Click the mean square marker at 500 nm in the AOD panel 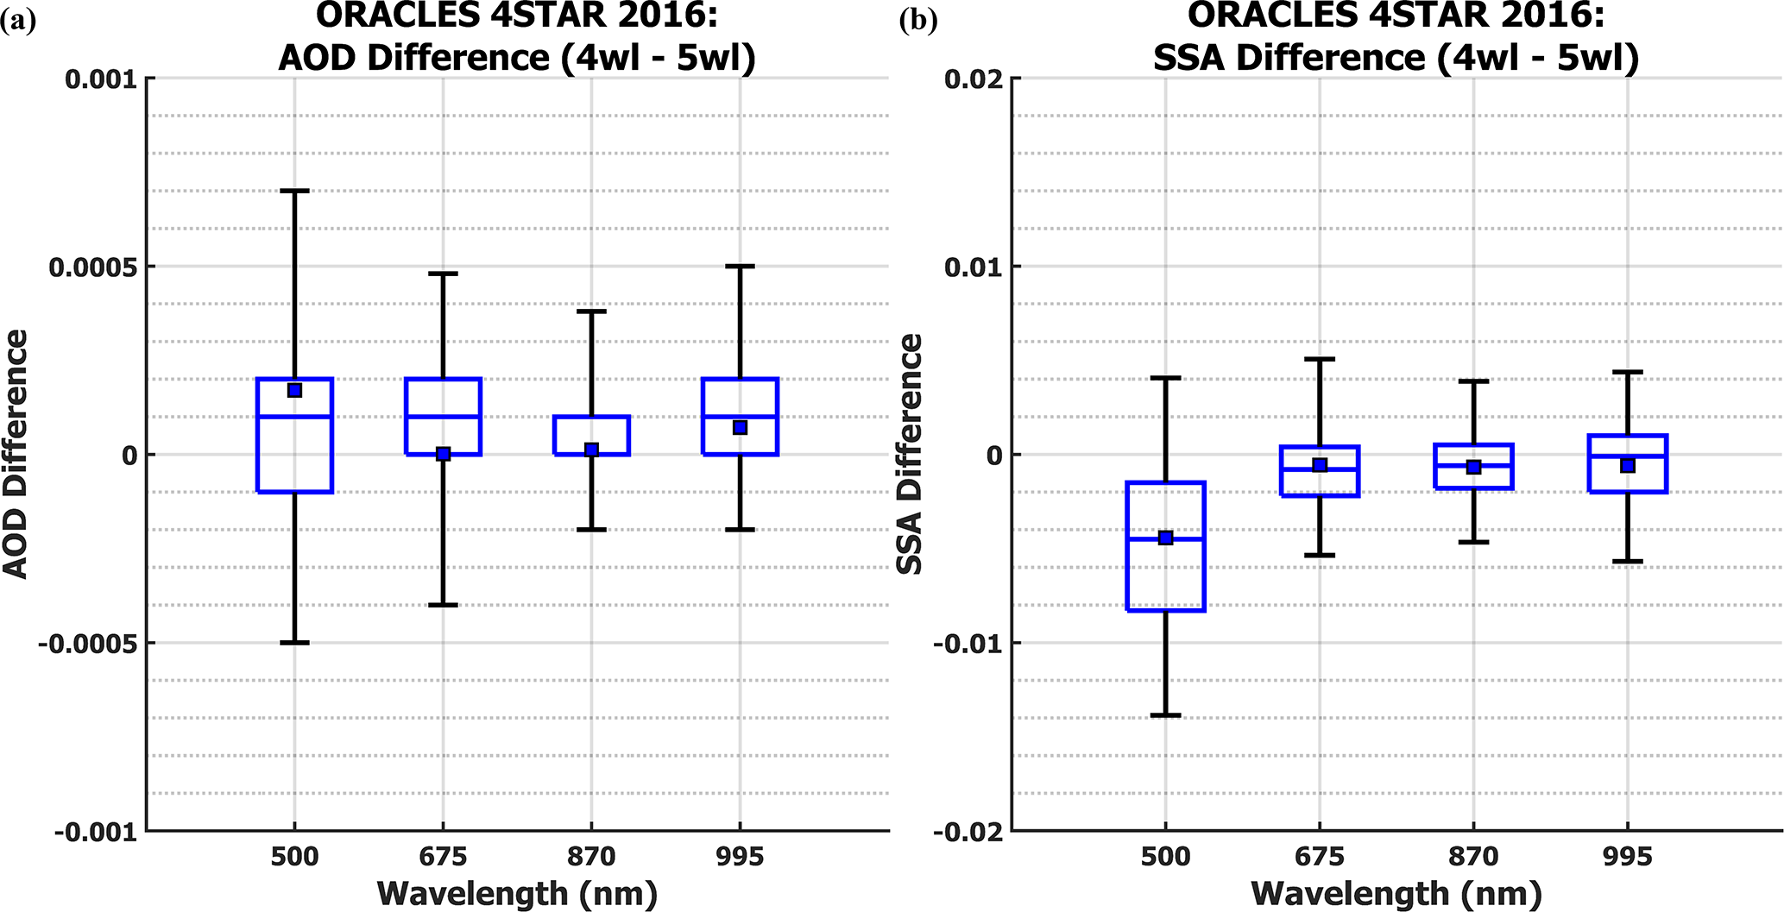[x=294, y=390]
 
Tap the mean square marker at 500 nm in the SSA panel [x=1165, y=538]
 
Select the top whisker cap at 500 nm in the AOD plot [x=294, y=191]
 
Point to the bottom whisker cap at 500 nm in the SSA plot [x=1165, y=715]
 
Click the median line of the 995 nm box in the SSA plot [x=1627, y=456]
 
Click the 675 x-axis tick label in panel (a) [x=443, y=857]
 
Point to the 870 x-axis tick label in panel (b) [x=1473, y=857]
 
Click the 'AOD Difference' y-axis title [x=16, y=454]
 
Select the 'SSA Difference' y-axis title [x=911, y=454]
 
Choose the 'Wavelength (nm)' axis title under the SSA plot [x=1396, y=893]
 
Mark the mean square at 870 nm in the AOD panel [x=591, y=450]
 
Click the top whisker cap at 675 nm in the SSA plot [x=1319, y=359]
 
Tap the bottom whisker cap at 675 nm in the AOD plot [x=443, y=605]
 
